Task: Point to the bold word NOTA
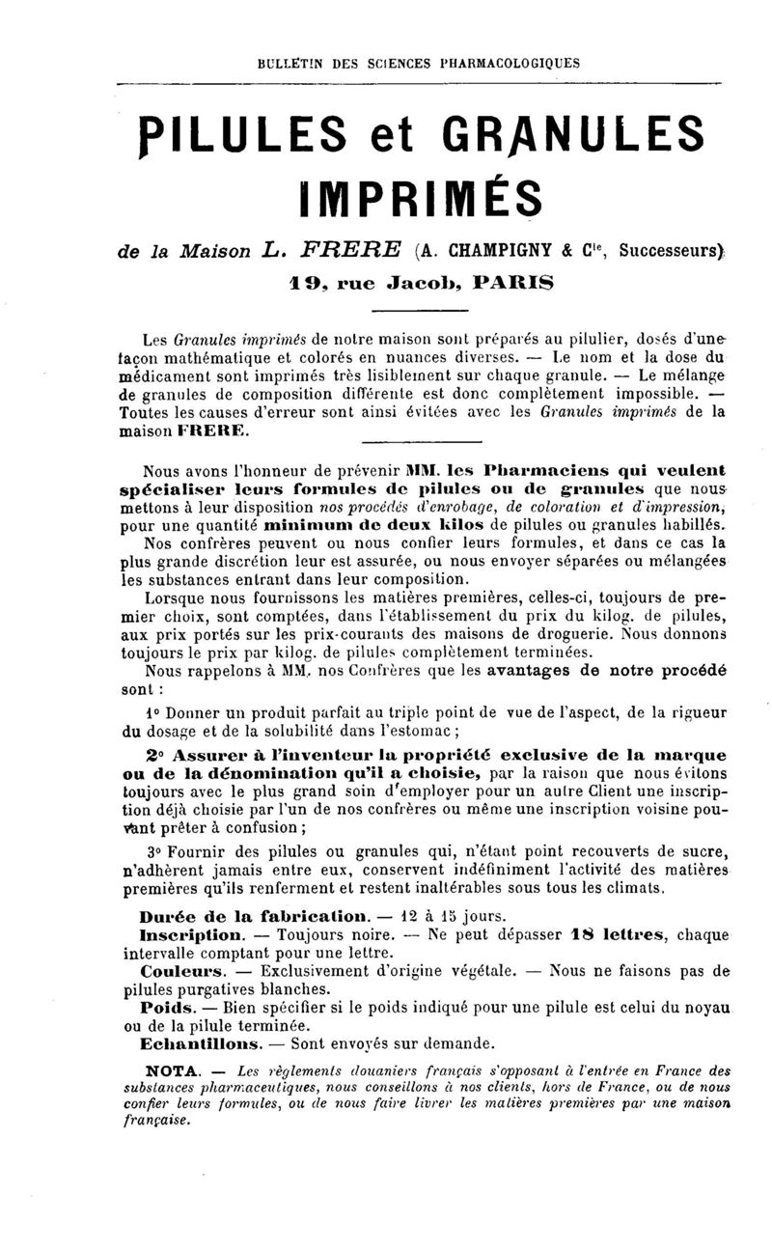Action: coord(172,1070)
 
